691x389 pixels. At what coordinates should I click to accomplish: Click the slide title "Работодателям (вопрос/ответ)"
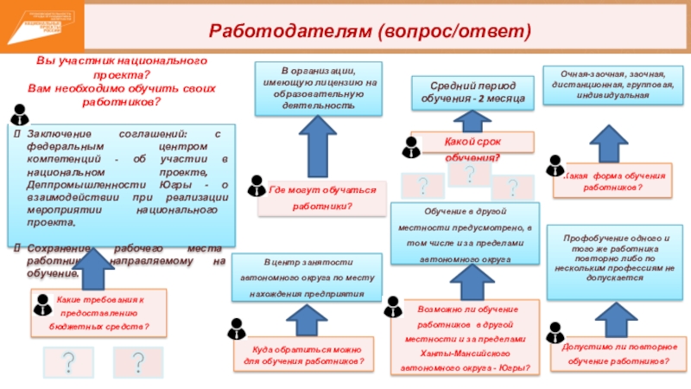(x=380, y=31)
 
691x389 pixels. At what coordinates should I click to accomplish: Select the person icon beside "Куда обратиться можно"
(x=237, y=329)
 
